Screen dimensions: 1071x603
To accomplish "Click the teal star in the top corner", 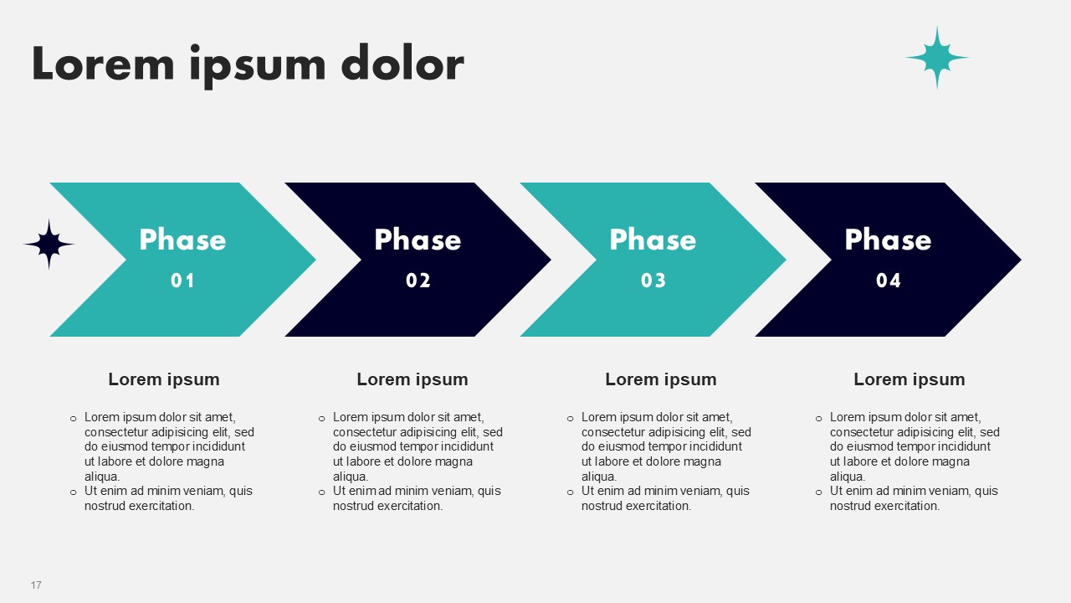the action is point(937,58).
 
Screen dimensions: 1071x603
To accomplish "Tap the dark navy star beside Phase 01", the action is point(49,245).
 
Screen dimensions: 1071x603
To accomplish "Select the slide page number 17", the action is point(36,585).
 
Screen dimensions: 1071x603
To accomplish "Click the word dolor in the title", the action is point(402,63).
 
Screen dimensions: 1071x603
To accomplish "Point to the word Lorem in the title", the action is point(103,63).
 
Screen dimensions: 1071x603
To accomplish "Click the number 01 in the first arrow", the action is point(182,281).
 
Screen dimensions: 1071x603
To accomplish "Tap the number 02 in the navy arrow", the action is point(418,281).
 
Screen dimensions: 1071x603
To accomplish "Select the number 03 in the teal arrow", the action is point(653,281).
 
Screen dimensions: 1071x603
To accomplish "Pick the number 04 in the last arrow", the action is point(889,281).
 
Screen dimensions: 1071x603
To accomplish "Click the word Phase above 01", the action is point(182,240).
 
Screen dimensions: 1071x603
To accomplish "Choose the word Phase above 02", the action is point(418,240).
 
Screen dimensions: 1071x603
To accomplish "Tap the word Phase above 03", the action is point(653,240).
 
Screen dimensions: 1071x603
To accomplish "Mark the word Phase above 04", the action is point(889,240).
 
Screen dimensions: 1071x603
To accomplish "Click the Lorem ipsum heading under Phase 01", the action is point(164,379).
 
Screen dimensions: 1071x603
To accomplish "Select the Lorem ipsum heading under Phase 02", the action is point(413,379).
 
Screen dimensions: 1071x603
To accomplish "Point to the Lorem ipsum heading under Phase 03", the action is point(661,379).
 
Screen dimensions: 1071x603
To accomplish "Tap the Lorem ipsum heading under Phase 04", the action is point(910,379).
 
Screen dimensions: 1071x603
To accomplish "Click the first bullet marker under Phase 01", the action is point(73,419).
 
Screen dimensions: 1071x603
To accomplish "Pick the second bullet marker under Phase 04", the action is point(818,492).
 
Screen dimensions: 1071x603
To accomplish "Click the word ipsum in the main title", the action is point(258,66).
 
